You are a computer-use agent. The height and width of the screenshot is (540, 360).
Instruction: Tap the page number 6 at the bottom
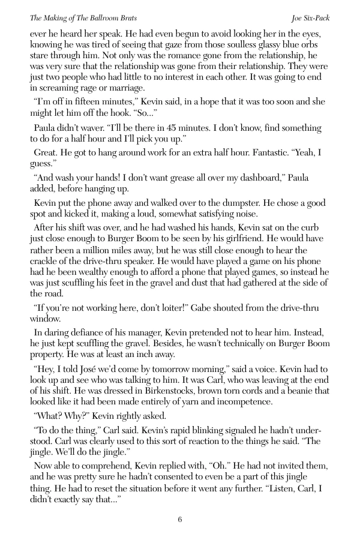[180, 520]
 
